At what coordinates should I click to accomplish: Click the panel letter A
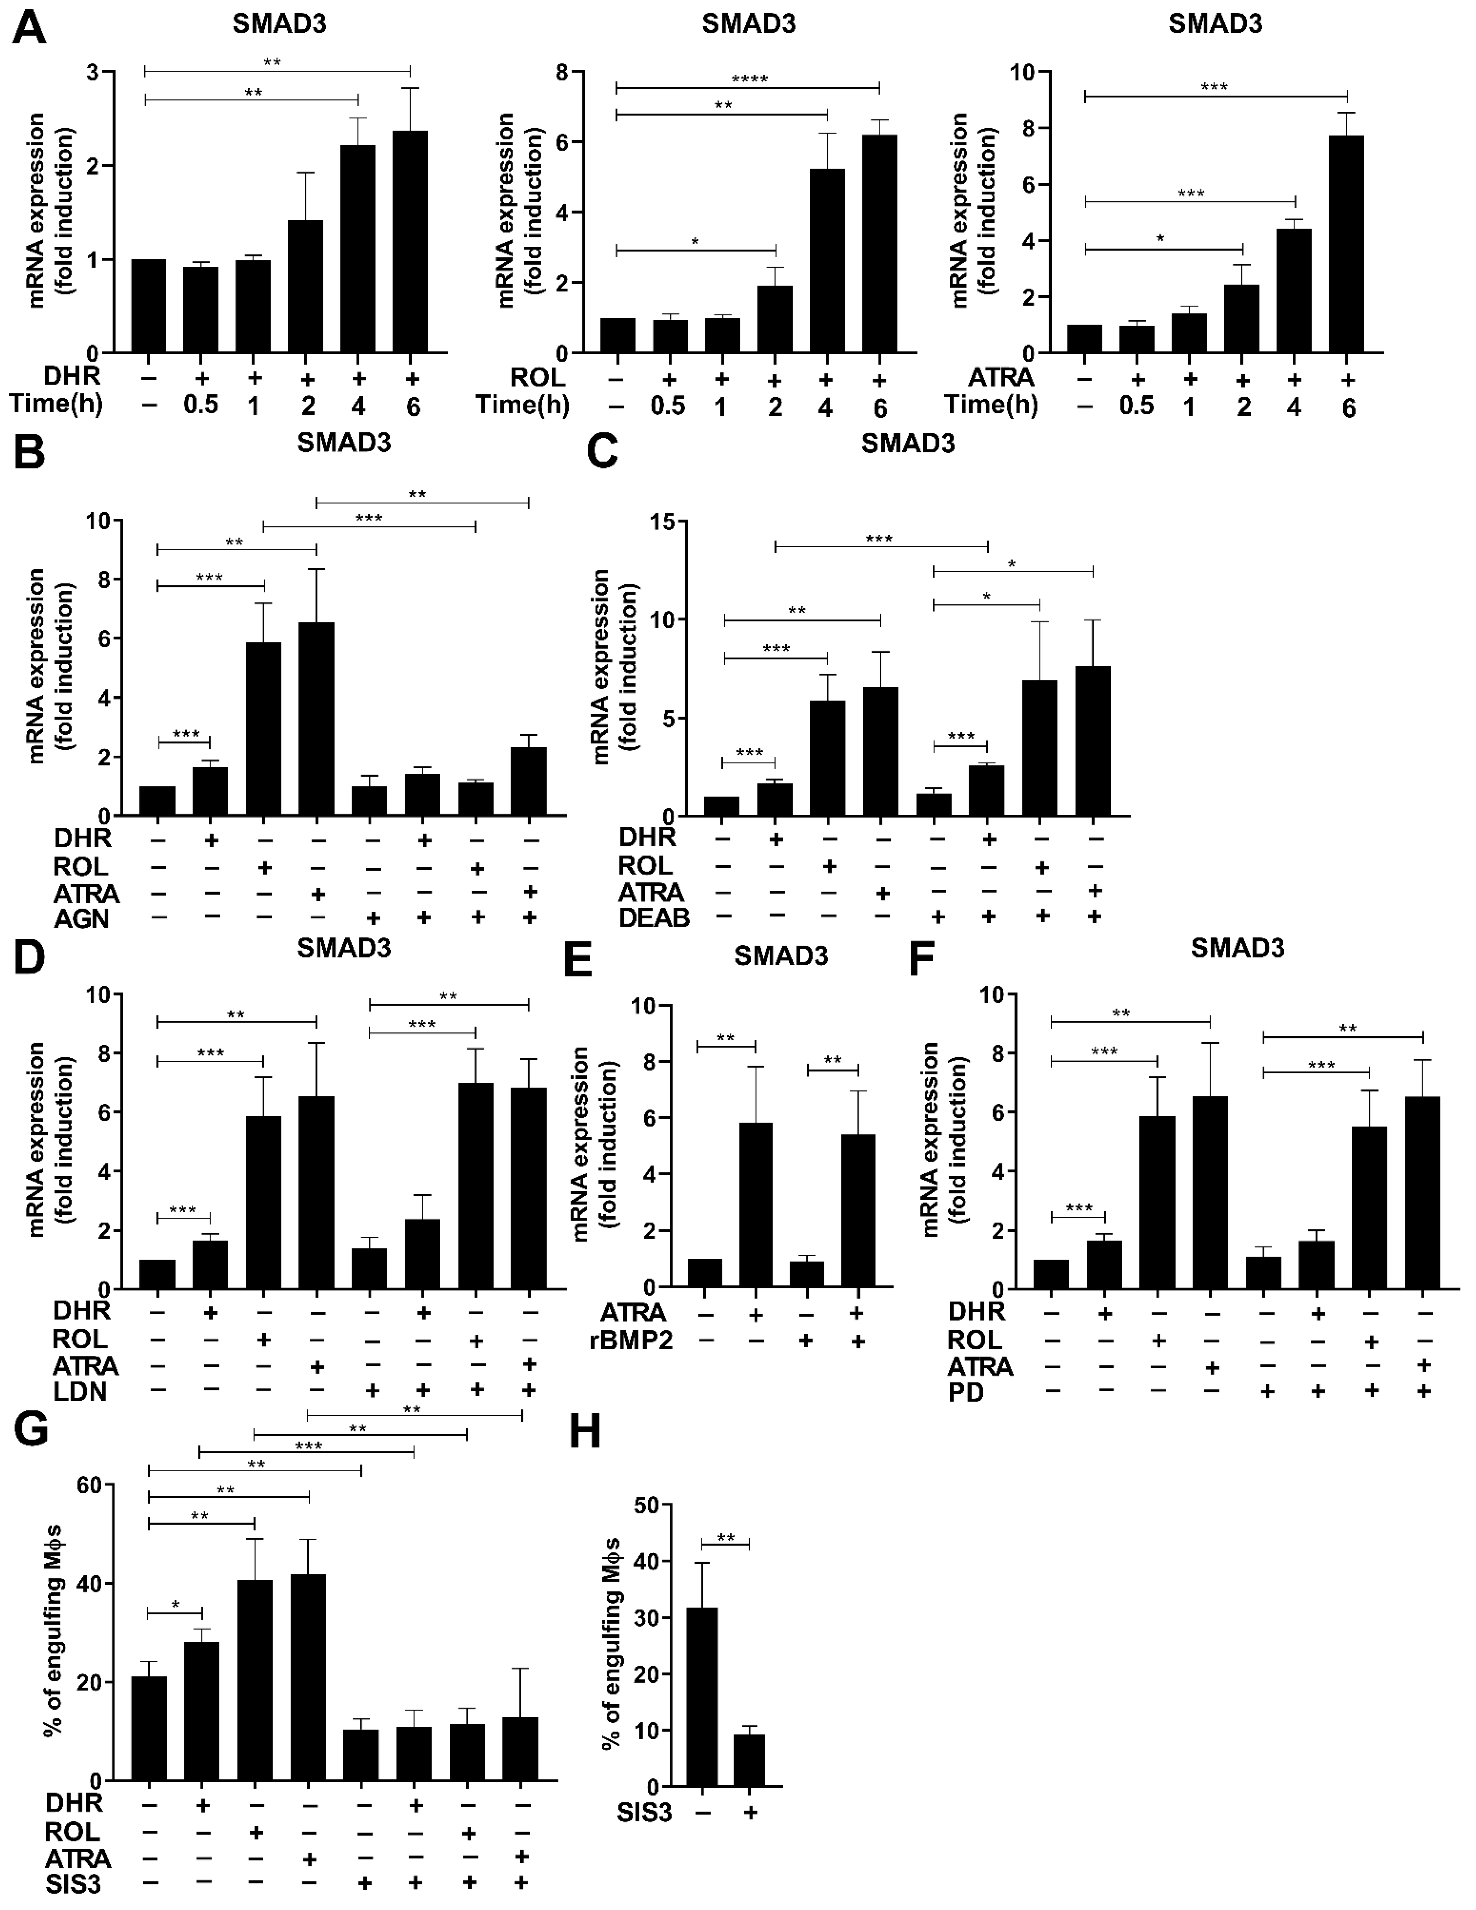[x=29, y=28]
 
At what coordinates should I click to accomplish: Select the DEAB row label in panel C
[x=654, y=918]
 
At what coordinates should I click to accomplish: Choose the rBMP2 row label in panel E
[x=636, y=1341]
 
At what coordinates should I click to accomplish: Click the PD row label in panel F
[x=966, y=1392]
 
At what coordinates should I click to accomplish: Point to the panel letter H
[x=585, y=1432]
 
